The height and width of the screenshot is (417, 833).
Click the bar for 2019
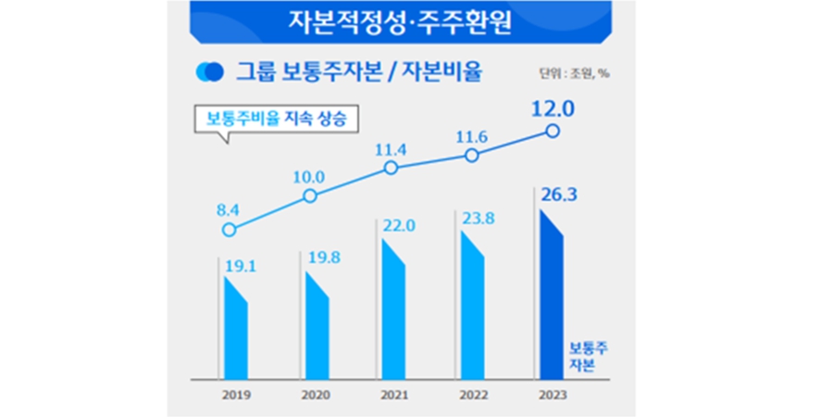pyautogui.click(x=235, y=329)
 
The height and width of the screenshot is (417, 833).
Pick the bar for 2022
pyautogui.click(x=472, y=306)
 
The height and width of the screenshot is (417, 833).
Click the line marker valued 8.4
pyautogui.click(x=230, y=229)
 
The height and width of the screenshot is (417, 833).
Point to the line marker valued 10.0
pyautogui.click(x=310, y=196)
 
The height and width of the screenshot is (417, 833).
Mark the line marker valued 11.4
pyautogui.click(x=391, y=168)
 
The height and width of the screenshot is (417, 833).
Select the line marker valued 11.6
pyautogui.click(x=472, y=155)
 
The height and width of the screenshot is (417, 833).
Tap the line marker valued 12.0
pyautogui.click(x=553, y=132)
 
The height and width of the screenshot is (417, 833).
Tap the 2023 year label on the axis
pyautogui.click(x=553, y=394)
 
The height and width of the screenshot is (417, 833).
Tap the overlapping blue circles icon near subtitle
pyautogui.click(x=210, y=71)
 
